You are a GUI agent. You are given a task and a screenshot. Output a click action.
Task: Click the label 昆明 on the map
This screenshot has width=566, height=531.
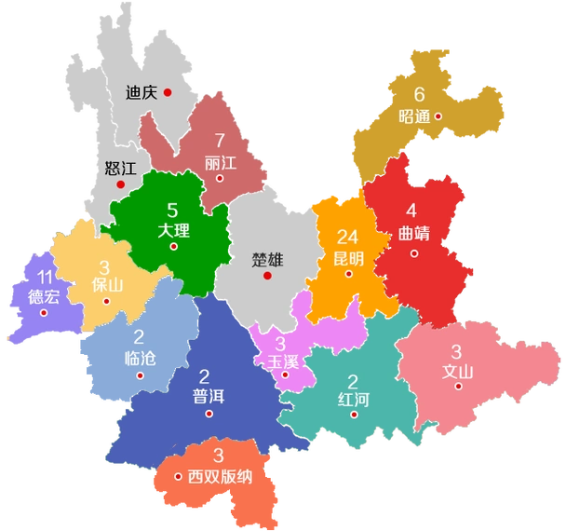[x=348, y=257]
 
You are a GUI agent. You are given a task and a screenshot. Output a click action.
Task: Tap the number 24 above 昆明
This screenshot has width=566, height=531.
[x=348, y=237]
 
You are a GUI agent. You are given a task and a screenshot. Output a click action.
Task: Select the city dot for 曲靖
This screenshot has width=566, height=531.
[x=415, y=252]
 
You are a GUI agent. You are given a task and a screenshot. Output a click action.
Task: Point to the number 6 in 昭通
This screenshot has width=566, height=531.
[x=419, y=95]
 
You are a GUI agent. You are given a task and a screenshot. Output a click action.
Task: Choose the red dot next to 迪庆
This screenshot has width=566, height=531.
[x=168, y=91]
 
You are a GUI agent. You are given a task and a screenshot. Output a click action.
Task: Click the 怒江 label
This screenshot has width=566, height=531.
[x=121, y=169]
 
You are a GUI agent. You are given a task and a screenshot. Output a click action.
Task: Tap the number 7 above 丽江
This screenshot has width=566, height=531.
[x=220, y=142]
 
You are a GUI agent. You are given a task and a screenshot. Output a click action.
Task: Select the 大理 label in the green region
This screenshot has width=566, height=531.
[x=173, y=229]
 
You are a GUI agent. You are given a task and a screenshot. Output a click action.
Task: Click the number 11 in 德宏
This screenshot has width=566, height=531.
[x=44, y=277]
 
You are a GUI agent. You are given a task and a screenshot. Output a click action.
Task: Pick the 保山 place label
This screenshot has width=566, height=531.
[x=107, y=285]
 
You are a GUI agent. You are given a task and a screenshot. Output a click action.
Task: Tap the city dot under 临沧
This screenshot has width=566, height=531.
[x=140, y=376]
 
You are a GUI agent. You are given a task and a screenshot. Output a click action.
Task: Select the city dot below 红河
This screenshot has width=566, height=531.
[x=354, y=415]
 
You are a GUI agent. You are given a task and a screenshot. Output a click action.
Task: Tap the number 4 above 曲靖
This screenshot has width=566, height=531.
[x=411, y=211]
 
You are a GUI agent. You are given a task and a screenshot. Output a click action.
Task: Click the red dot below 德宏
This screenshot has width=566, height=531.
[x=44, y=312]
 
